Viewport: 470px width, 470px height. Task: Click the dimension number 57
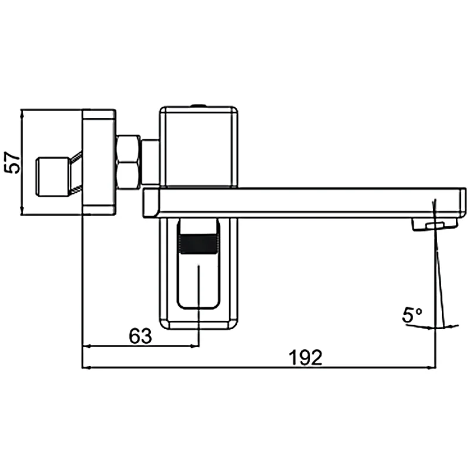[12, 162]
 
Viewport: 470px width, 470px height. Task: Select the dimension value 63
[140, 336]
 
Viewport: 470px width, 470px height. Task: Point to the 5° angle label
[412, 315]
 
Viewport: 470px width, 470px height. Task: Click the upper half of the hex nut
[128, 149]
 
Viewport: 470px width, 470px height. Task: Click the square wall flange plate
[98, 162]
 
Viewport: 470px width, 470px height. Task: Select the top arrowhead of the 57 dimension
[21, 113]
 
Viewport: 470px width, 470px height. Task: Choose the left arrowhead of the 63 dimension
[86, 346]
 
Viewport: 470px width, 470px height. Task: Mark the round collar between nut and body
[150, 162]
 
